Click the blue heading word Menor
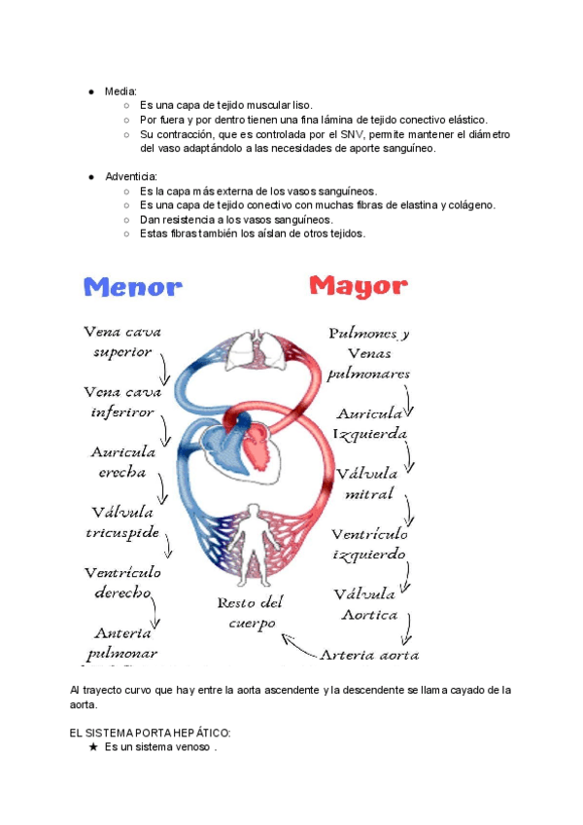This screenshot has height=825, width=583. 133,287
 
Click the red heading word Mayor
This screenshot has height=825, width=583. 358,286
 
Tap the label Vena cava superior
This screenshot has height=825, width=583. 122,341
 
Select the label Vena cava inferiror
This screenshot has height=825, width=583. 122,402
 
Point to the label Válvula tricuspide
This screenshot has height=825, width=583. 122,522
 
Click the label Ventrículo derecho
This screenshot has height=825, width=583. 122,582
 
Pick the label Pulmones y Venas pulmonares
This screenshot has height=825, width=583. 369,353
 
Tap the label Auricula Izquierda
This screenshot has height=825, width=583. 370,424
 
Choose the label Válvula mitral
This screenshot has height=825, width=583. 367,484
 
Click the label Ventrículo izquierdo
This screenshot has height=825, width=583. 369,544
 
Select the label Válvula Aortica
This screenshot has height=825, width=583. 368,604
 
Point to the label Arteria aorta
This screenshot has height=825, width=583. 369,655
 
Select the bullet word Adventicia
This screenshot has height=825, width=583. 131,177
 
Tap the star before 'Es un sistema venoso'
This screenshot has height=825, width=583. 92,747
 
